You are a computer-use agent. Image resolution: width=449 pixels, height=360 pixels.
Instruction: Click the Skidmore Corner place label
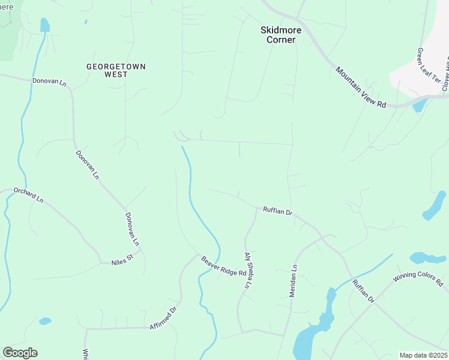tap(278, 34)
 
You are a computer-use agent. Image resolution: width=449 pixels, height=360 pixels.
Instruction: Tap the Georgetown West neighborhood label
tap(116, 70)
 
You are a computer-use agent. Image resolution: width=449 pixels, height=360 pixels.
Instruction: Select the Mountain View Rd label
tap(360, 87)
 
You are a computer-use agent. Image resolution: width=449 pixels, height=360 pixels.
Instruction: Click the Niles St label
tap(123, 262)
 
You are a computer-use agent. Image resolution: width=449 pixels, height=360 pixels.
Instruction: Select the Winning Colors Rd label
tap(418, 279)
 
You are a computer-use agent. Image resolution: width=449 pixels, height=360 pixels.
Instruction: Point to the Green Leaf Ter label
tap(429, 66)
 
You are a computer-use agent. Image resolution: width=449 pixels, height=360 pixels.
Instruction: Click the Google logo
tap(20, 353)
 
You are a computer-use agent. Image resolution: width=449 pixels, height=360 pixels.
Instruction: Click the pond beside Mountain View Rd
tap(419, 105)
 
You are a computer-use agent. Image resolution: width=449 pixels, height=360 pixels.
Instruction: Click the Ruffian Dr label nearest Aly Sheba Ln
tap(277, 212)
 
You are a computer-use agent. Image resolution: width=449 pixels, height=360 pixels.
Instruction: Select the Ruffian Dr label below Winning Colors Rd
tap(363, 291)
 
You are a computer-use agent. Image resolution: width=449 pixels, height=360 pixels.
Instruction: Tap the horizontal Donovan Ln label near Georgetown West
tap(49, 81)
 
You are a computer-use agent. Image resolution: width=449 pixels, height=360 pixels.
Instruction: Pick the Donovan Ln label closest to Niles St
tap(132, 229)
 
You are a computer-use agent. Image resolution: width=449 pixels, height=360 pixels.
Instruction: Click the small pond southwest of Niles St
tap(45, 321)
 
